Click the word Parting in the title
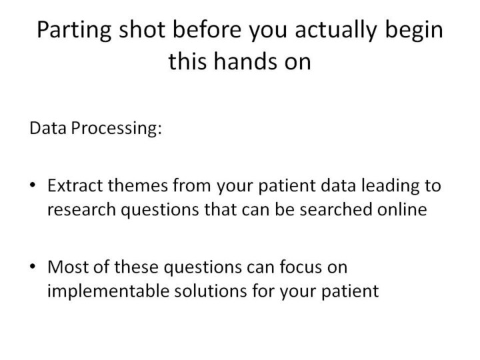tap(74, 30)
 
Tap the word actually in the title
tap(335, 30)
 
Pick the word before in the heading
tap(207, 29)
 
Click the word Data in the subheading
tap(48, 127)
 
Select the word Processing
tap(116, 129)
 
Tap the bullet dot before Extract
tap(33, 185)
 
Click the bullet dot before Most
tap(33, 266)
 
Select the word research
tap(81, 210)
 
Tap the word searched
tap(336, 210)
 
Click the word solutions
tap(211, 291)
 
